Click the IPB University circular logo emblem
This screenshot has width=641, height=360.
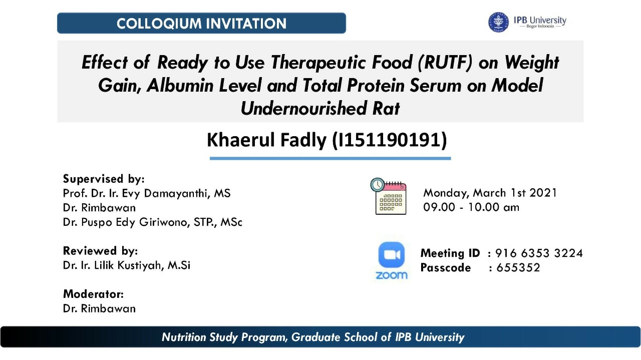click(x=498, y=22)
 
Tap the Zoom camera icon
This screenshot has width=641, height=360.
click(x=391, y=255)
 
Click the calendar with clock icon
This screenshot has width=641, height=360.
click(x=388, y=196)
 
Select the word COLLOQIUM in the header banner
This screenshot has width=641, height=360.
click(x=159, y=24)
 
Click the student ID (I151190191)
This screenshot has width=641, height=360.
click(x=390, y=140)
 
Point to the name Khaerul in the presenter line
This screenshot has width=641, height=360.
click(x=242, y=140)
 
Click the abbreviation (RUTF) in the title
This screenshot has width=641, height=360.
click(x=445, y=63)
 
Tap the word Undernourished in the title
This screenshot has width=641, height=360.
click(x=303, y=109)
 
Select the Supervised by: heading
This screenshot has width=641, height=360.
click(x=104, y=179)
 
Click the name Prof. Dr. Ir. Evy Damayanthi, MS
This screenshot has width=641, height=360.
click(x=147, y=193)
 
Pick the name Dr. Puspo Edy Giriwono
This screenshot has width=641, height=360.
click(x=126, y=222)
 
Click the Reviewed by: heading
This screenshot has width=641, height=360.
click(x=101, y=251)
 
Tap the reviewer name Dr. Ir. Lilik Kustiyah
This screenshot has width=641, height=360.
click(x=113, y=265)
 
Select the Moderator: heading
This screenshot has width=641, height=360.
click(x=93, y=294)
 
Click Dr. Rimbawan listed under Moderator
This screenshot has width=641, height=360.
click(x=99, y=309)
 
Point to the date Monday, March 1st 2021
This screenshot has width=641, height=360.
click(x=490, y=193)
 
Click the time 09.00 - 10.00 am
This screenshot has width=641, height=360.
click(x=471, y=207)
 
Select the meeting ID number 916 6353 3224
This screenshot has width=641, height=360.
click(x=539, y=253)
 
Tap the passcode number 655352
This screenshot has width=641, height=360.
click(x=518, y=268)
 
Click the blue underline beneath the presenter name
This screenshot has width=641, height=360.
click(x=330, y=158)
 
